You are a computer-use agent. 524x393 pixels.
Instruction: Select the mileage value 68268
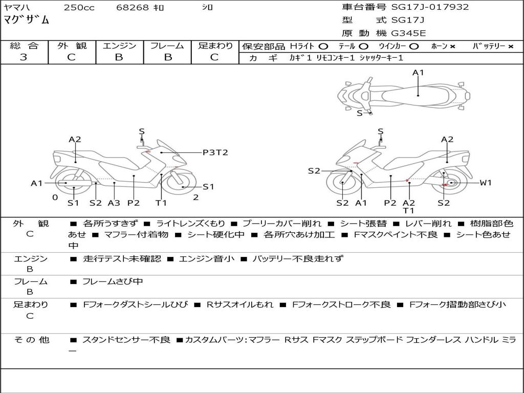[x=132, y=8]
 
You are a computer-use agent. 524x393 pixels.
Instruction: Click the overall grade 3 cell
[x=24, y=57]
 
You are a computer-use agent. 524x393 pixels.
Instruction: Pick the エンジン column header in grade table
[x=119, y=46]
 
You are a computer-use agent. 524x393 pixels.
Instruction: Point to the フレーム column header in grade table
[x=167, y=46]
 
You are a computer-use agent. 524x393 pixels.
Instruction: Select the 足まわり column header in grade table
[x=215, y=46]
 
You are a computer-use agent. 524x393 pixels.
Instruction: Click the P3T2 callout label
[x=215, y=152]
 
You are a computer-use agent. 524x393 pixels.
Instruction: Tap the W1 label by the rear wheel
[x=485, y=183]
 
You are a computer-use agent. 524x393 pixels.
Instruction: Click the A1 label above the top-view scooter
[x=419, y=73]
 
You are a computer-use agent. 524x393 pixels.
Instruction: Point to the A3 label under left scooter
[x=114, y=203]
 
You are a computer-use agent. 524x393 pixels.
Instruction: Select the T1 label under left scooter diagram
[x=161, y=203]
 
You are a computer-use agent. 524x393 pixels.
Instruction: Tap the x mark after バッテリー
[x=510, y=47]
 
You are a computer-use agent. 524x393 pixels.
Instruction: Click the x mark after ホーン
[x=452, y=47]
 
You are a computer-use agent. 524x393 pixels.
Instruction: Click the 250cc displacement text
[x=79, y=8]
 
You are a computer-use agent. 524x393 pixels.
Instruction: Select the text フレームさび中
[x=113, y=281]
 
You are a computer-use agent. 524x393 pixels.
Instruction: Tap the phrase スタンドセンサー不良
[x=126, y=340]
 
